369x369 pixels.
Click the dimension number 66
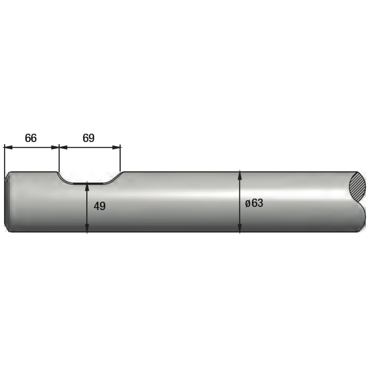click(x=31, y=138)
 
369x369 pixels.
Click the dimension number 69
click(x=89, y=138)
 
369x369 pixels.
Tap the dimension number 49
click(x=100, y=206)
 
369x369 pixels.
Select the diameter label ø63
click(x=254, y=203)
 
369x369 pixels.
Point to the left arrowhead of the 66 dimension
click(x=8, y=148)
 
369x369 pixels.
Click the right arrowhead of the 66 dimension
click(x=55, y=148)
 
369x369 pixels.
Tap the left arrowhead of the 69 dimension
click(x=63, y=148)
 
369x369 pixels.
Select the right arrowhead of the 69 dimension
click(x=116, y=148)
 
